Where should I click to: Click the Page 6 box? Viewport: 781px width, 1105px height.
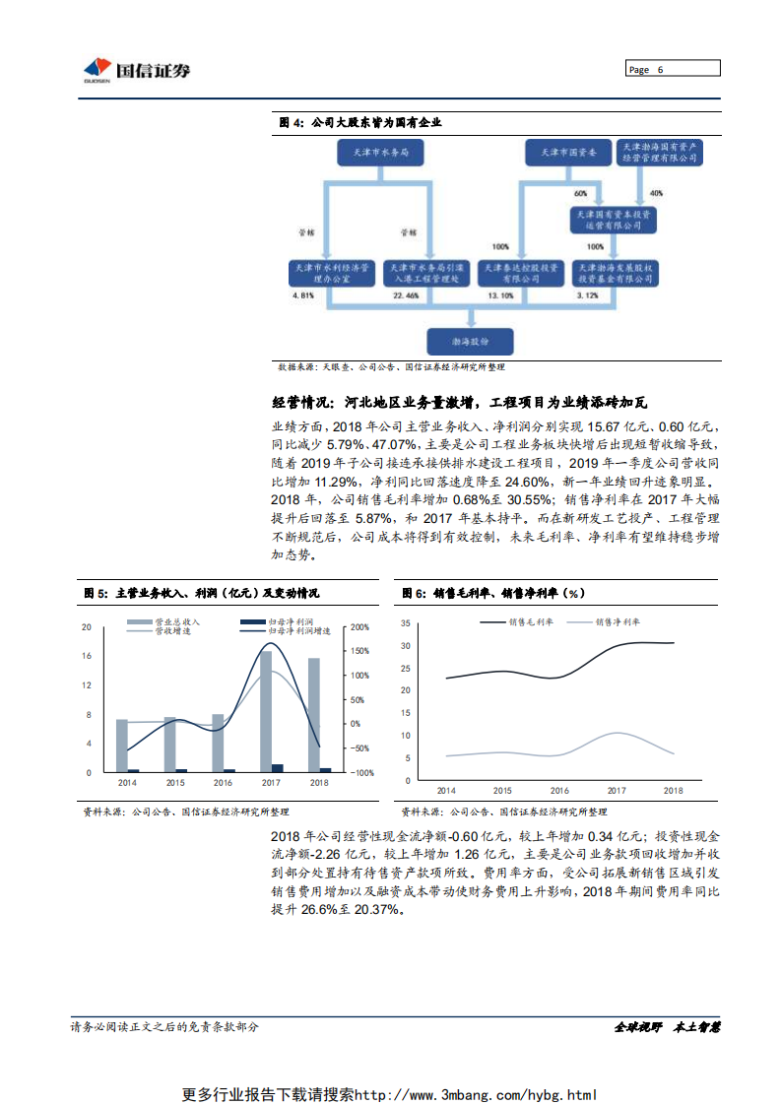pyautogui.click(x=673, y=69)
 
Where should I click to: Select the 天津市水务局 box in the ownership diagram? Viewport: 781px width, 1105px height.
pyautogui.click(x=372, y=154)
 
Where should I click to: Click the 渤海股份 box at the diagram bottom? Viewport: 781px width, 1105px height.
pyautogui.click(x=470, y=340)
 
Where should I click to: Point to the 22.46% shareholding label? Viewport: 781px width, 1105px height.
pyautogui.click(x=404, y=295)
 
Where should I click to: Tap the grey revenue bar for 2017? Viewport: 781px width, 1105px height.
pyautogui.click(x=266, y=711)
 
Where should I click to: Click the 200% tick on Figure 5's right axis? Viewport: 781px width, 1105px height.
pyautogui.click(x=360, y=627)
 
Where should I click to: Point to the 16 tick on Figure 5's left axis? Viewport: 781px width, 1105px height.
pyautogui.click(x=87, y=656)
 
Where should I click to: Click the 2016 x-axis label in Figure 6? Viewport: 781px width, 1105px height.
pyautogui.click(x=559, y=791)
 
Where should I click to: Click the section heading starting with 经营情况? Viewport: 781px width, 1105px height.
pyautogui.click(x=460, y=403)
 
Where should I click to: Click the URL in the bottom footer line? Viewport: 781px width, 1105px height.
pyautogui.click(x=475, y=1094)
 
